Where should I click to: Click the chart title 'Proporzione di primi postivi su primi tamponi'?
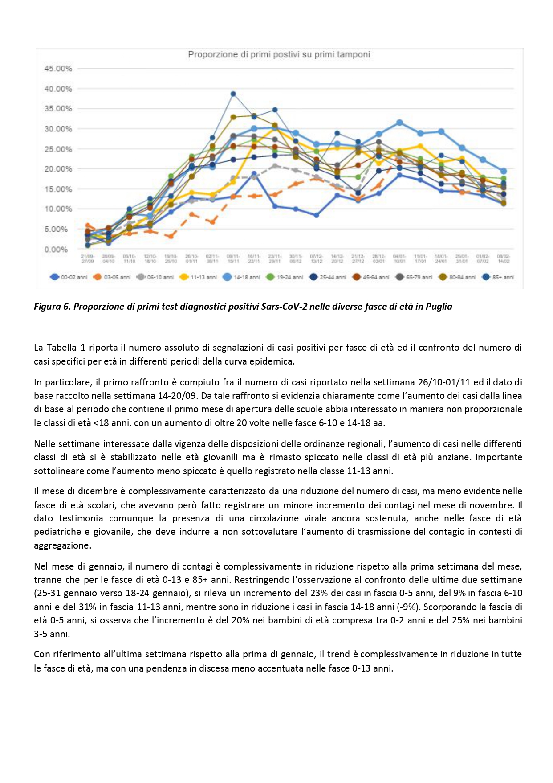pos(279,55)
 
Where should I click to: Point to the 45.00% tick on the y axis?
pos(58,69)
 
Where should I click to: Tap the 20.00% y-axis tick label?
pos(58,169)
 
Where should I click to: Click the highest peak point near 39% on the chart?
pos(233,94)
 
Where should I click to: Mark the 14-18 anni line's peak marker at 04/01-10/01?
pos(400,123)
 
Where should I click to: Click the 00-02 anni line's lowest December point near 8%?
pos(316,215)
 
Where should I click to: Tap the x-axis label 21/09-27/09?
pos(88,259)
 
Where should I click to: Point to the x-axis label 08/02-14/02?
pos(503,259)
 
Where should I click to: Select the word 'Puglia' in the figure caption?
pos(439,307)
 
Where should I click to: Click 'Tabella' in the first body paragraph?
pos(61,348)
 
